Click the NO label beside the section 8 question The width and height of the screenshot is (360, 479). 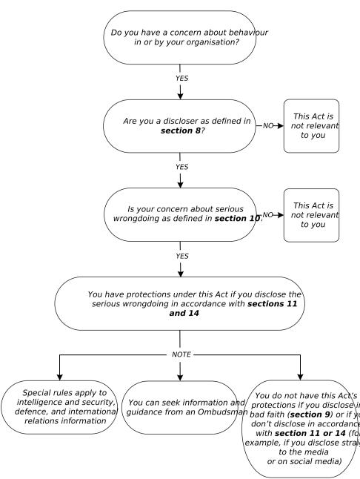click(267, 126)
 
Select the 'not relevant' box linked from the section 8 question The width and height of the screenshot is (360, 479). click(311, 126)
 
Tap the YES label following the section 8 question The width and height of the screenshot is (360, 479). click(181, 167)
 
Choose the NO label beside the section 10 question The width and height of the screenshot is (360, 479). click(268, 215)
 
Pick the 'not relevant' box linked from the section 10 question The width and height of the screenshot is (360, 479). click(311, 215)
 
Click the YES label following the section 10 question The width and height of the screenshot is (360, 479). click(181, 257)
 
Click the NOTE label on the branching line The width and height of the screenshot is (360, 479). click(181, 354)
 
